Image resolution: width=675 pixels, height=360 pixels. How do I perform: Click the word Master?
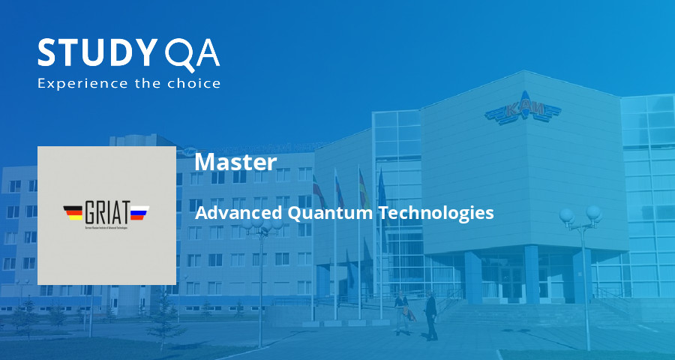(x=235, y=162)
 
